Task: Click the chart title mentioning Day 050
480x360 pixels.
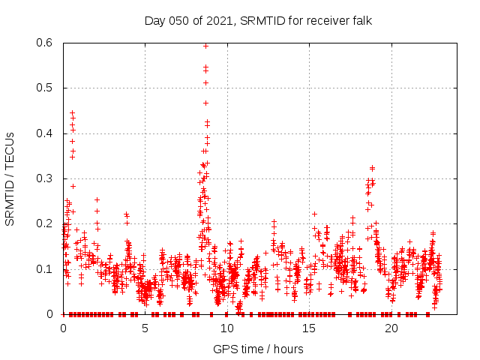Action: pyautogui.click(x=258, y=20)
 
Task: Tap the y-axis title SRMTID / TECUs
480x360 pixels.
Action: pyautogui.click(x=10, y=178)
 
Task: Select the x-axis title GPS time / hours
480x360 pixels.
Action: pyautogui.click(x=258, y=349)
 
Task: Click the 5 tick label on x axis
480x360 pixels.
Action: pyautogui.click(x=145, y=328)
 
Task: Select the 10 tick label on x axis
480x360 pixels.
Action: pyautogui.click(x=227, y=328)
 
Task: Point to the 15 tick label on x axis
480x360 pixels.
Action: pyautogui.click(x=309, y=328)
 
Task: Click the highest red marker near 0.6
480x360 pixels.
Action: pyautogui.click(x=205, y=46)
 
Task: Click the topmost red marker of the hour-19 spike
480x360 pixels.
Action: pyautogui.click(x=372, y=167)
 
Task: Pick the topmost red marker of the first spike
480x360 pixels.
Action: pyautogui.click(x=72, y=112)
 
